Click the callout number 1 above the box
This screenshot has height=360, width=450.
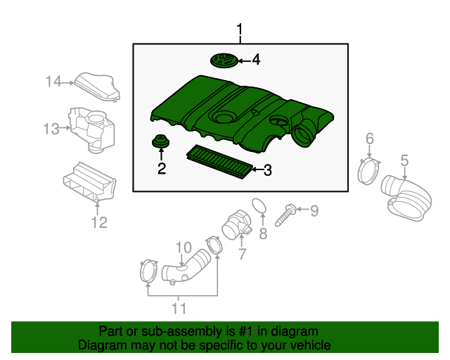240,30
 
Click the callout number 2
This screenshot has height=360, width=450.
162,168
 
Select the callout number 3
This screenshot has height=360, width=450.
268,169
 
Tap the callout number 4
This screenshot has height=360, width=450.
256,60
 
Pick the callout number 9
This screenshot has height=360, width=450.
314,210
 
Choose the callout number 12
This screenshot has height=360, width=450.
99,223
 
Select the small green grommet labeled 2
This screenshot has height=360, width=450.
161,142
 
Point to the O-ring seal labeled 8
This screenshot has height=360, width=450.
259,206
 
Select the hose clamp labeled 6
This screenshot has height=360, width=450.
368,171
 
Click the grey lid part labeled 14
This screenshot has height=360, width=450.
96,87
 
